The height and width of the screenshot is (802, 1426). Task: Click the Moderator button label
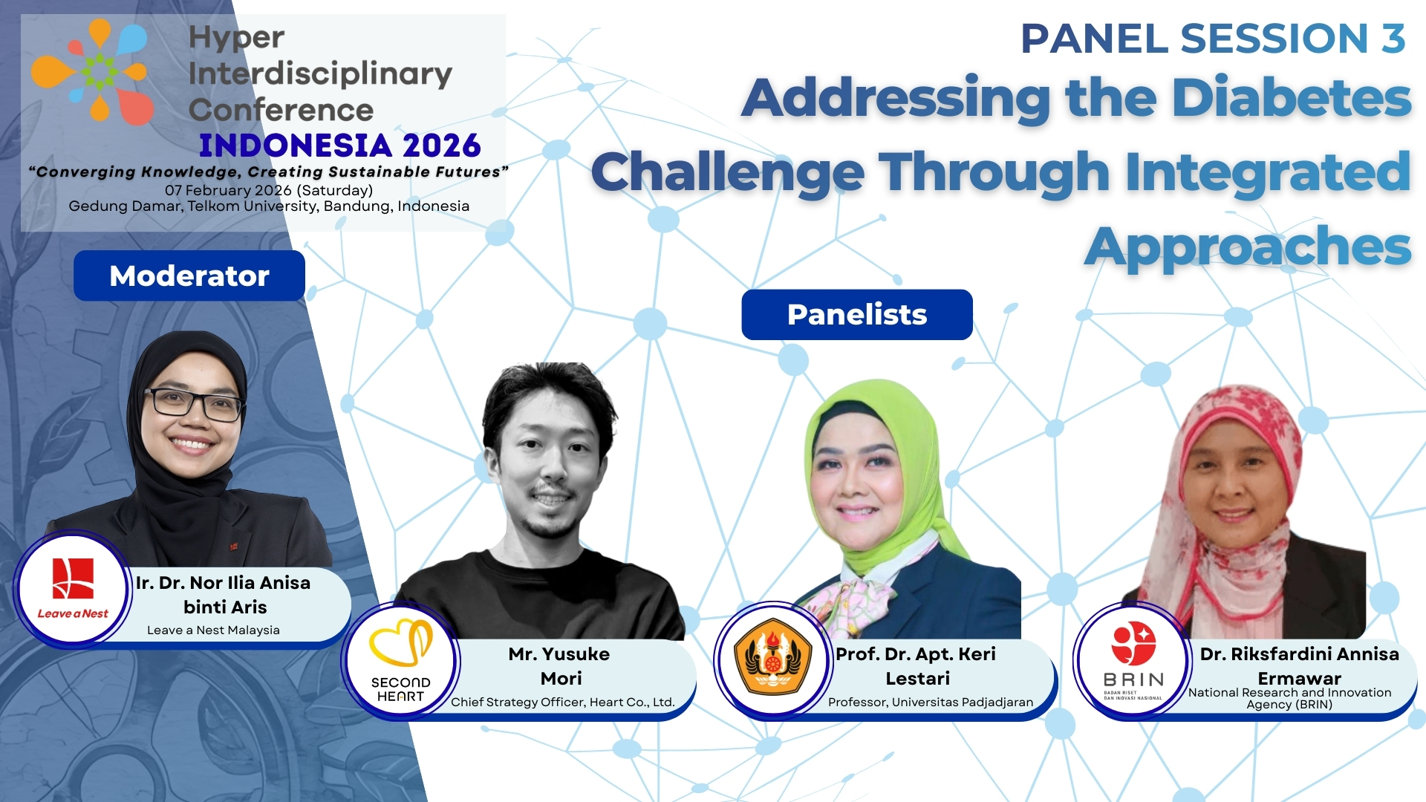pos(189,276)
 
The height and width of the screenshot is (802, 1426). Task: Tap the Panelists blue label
pos(856,315)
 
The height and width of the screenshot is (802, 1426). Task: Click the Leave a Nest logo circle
pos(73,589)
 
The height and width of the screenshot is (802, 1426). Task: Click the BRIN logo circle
pos(1132,659)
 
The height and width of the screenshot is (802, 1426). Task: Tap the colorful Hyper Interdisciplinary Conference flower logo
pos(92,71)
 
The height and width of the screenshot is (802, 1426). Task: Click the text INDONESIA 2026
pos(340,146)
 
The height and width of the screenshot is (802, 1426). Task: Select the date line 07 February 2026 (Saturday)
pos(269,190)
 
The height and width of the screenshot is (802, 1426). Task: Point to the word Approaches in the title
pos(1248,247)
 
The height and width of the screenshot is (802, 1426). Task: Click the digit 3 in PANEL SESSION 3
pos(1393,39)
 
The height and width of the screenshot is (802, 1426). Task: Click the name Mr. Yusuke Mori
pos(560,665)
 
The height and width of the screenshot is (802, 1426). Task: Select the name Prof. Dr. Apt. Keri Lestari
pos(916,665)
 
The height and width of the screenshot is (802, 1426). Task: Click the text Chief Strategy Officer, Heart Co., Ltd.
pos(562,702)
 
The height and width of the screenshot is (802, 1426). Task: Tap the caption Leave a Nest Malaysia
pos(213,630)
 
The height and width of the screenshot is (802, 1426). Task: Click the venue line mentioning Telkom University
pos(269,206)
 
